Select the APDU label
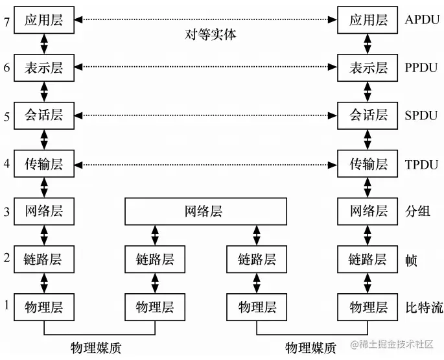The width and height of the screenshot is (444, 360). [422, 20]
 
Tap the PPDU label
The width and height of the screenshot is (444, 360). [421, 67]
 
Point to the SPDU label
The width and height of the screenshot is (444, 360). [421, 115]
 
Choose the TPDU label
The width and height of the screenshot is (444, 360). [421, 164]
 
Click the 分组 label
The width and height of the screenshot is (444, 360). [417, 211]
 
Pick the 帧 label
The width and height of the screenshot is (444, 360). [411, 260]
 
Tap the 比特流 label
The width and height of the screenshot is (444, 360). [424, 307]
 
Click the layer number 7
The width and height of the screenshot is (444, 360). [6, 21]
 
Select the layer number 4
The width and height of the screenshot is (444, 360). [6, 163]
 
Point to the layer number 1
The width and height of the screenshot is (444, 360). [6, 305]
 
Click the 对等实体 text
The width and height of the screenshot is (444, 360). [211, 34]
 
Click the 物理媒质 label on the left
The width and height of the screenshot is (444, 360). [96, 348]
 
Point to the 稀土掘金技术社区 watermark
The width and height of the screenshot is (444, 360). [392, 344]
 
